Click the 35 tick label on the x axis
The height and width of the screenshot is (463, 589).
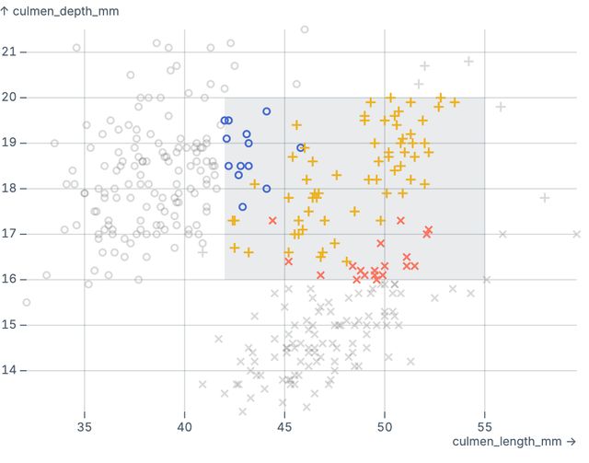pos(85,428)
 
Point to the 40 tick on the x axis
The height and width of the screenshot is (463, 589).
pos(185,428)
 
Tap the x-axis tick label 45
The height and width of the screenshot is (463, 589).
pos(284,428)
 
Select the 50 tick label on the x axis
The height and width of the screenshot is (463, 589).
pos(385,428)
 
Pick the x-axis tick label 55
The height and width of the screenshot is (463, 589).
pos(485,428)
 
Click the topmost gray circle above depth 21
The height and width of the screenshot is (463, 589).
pos(305,29)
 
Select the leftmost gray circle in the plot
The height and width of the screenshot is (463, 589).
pos(26,302)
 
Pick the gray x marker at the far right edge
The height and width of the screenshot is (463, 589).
pos(576,234)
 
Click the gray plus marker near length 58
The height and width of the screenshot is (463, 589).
pos(545,197)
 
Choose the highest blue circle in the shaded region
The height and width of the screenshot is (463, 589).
pos(267,111)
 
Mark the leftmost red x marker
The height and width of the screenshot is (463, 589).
pos(272,220)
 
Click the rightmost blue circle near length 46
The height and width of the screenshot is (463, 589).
pos(300,147)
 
